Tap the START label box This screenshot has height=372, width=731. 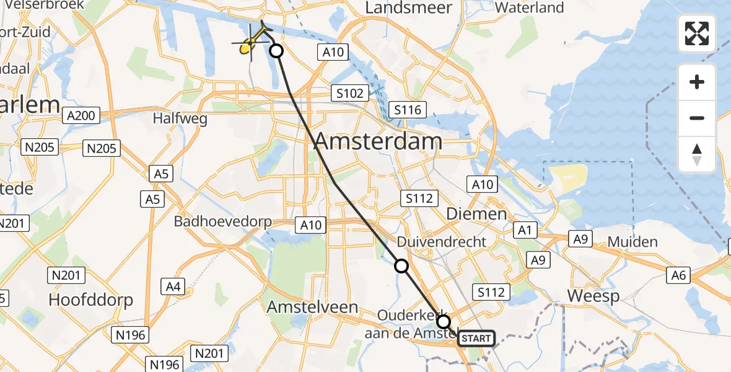tap(476, 339)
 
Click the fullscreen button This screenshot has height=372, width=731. tap(697, 33)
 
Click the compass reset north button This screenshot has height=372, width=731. tap(697, 154)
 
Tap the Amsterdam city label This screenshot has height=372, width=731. tap(378, 141)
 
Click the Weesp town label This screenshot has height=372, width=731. tap(593, 296)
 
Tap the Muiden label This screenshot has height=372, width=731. tap(632, 241)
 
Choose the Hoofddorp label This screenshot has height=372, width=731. tap(91, 301)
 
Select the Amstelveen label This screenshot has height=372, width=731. tap(312, 307)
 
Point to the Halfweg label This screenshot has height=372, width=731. tap(180, 119)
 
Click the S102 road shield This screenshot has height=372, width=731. tap(349, 94)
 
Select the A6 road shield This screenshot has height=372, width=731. tap(679, 275)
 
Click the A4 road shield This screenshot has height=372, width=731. tap(173, 286)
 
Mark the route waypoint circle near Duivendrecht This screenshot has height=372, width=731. tap(401, 266)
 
